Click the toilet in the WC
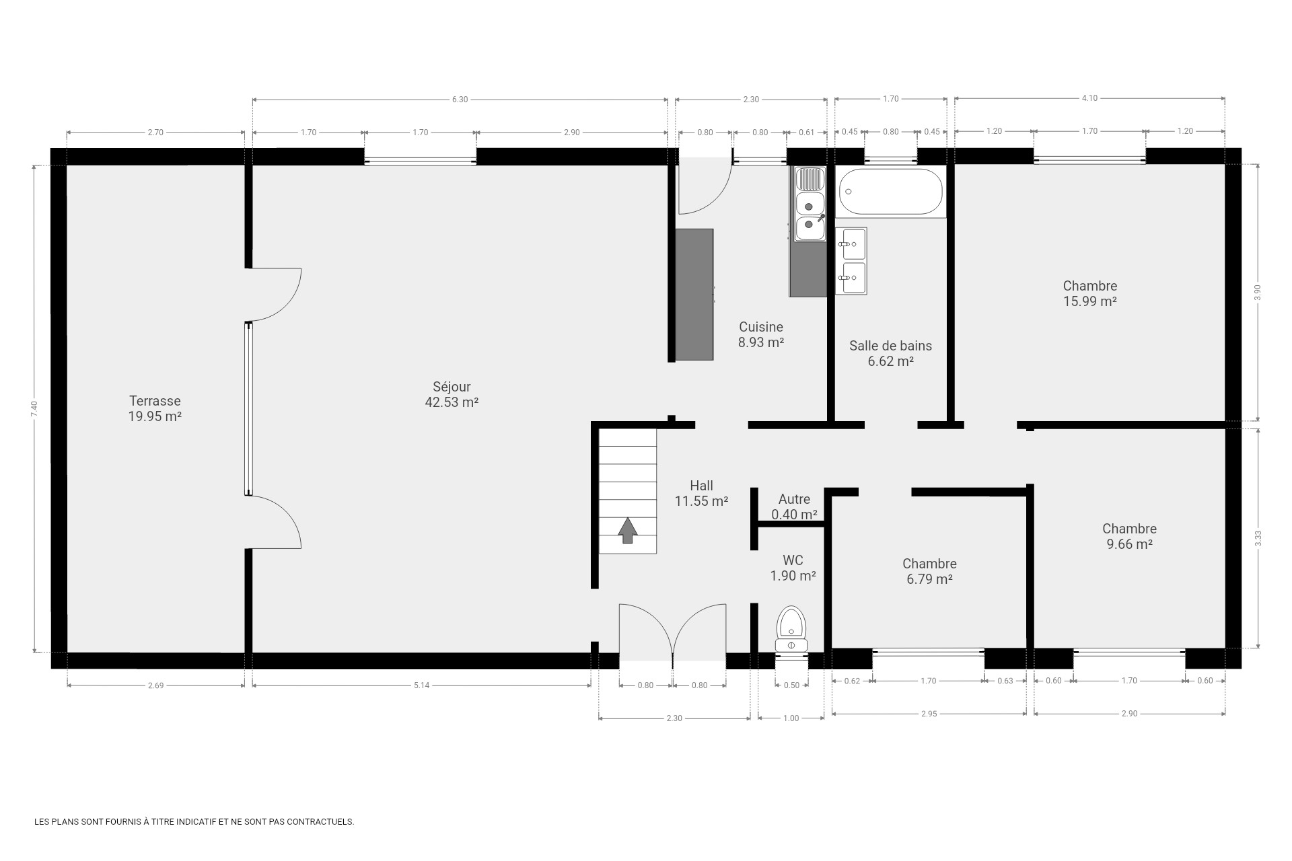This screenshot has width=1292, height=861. [x=791, y=630]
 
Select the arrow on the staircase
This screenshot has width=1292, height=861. [x=628, y=530]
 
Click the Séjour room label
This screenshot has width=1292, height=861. [x=452, y=387]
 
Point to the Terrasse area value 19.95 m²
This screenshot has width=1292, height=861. [x=155, y=417]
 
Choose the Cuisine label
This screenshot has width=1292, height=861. [x=761, y=327]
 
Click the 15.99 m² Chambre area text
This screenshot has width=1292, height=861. [x=1090, y=302]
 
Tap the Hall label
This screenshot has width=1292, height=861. [x=701, y=486]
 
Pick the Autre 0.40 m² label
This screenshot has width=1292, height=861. [x=794, y=507]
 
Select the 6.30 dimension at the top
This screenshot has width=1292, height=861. [x=460, y=100]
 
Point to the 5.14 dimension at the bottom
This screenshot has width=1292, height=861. [x=421, y=685]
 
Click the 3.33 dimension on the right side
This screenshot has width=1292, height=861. [x=1258, y=538]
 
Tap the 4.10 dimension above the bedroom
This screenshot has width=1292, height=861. [x=1089, y=98]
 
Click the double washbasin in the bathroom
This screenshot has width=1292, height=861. [x=851, y=261]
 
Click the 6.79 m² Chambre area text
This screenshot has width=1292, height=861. [x=929, y=579]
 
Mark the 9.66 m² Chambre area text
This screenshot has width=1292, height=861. [x=1129, y=544]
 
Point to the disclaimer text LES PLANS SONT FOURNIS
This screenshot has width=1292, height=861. [x=194, y=822]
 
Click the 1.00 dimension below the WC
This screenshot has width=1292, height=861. [x=791, y=718]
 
